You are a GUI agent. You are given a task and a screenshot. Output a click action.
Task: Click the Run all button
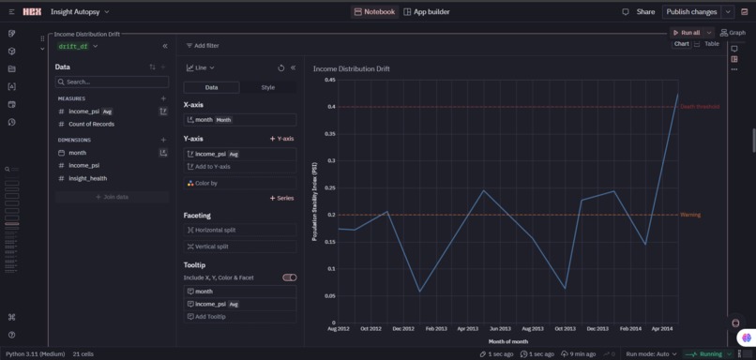[x=686, y=32]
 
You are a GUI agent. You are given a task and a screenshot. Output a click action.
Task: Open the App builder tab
[x=427, y=12]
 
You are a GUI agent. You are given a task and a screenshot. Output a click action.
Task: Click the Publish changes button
[x=691, y=12]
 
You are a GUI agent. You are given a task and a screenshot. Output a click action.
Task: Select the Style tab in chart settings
[x=268, y=87]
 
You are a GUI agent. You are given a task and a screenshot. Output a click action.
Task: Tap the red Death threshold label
[x=700, y=107]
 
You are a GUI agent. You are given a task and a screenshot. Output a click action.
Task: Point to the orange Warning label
[x=690, y=215]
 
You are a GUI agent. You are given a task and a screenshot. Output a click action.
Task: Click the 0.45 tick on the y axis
[x=330, y=80]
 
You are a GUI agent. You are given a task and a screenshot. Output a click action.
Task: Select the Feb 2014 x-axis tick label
[x=630, y=329]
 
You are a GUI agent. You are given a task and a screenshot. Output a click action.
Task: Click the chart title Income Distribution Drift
[x=351, y=68]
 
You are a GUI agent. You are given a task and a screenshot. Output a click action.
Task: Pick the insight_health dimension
[x=87, y=178]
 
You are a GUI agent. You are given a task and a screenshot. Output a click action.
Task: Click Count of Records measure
[x=91, y=124]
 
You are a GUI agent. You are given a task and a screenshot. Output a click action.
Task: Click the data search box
[x=112, y=82]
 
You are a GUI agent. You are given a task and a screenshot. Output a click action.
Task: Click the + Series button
[x=282, y=198]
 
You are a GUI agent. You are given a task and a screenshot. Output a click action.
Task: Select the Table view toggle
[x=712, y=44]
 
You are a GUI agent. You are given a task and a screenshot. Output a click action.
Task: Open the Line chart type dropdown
[x=201, y=67]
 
